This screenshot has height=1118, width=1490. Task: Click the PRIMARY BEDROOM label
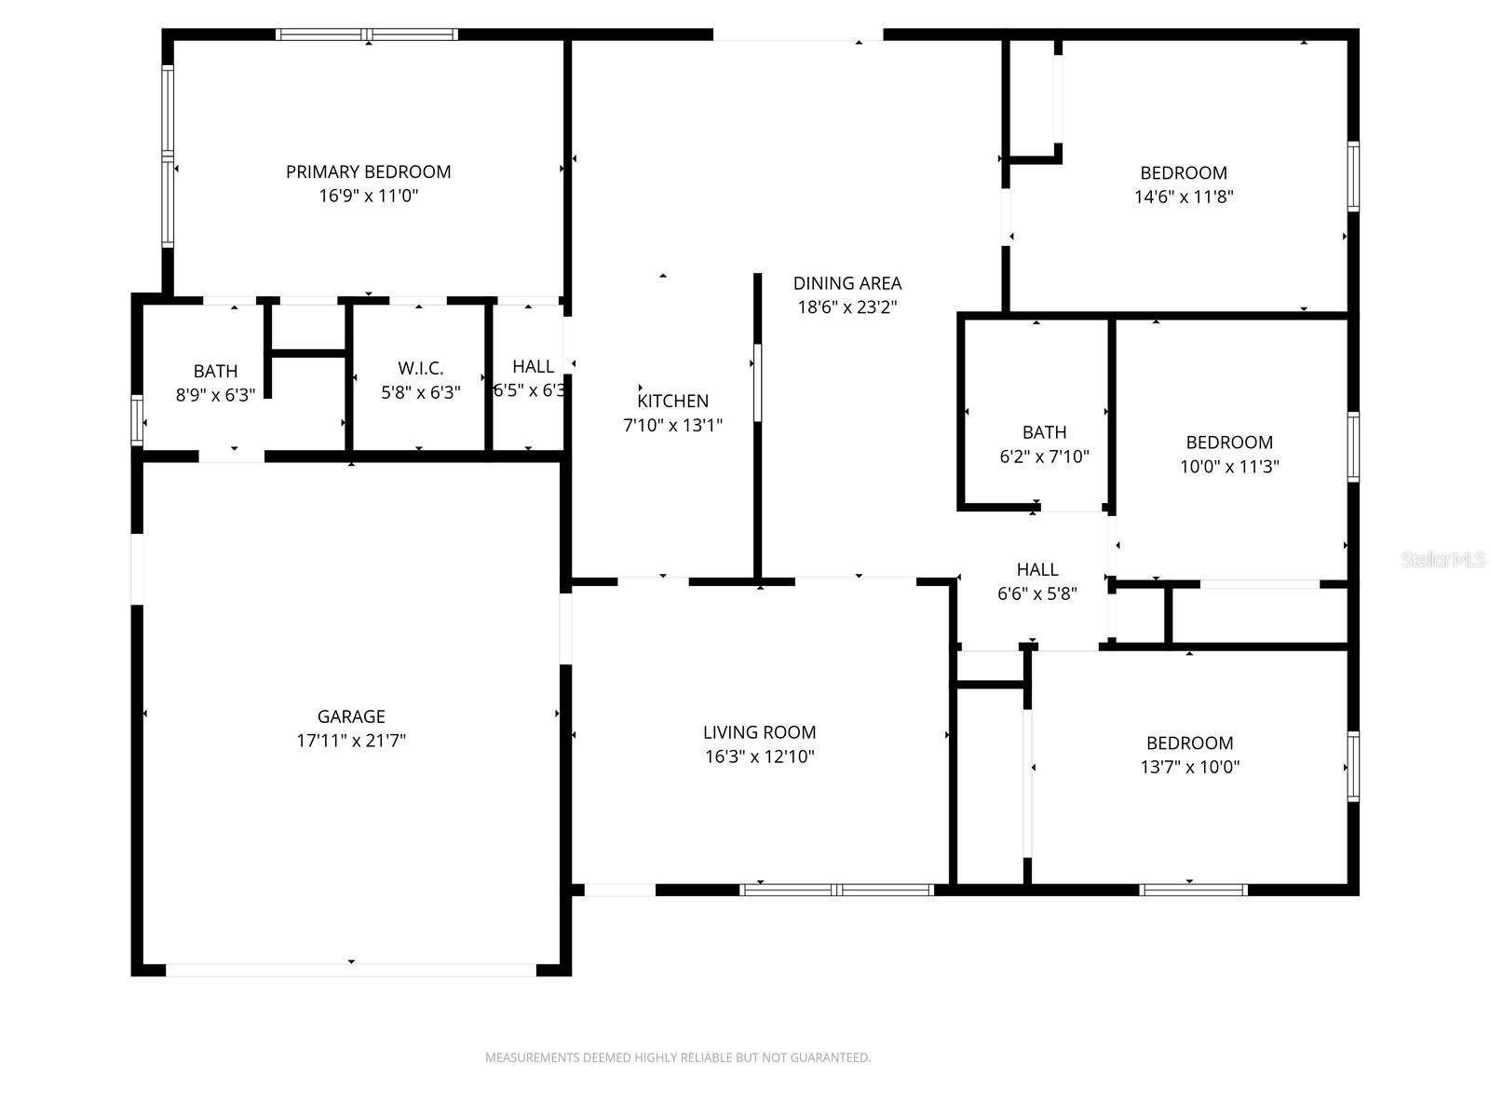(x=368, y=171)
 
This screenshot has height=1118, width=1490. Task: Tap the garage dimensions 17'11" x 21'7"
(x=350, y=741)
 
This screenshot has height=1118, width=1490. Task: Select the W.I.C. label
(x=420, y=368)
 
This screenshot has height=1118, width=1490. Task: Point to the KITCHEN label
(x=672, y=401)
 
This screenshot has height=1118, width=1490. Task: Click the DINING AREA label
(x=847, y=283)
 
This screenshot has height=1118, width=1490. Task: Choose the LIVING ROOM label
(x=759, y=732)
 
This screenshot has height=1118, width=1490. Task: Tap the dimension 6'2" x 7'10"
(x=1043, y=457)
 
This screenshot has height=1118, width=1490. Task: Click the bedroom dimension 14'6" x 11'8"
(x=1183, y=197)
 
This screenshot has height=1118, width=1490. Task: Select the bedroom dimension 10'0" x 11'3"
(x=1228, y=467)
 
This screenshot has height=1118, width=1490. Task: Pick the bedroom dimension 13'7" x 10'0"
(x=1189, y=767)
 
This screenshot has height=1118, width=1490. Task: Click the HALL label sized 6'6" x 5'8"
(x=1036, y=569)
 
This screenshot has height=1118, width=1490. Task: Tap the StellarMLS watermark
(x=1443, y=560)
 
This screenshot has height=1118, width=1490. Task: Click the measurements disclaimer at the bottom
(x=677, y=1057)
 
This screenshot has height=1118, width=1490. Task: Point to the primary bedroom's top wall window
(x=367, y=35)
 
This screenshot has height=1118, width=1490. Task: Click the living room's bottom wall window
(x=836, y=890)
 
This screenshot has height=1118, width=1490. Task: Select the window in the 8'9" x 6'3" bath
(x=137, y=419)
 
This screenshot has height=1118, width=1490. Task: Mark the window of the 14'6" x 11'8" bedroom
(x=1353, y=176)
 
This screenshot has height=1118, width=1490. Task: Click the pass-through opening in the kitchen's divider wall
(x=757, y=382)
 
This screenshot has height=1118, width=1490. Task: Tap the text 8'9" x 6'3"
(x=215, y=395)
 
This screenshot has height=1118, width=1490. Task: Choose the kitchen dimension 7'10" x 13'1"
(x=672, y=425)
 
